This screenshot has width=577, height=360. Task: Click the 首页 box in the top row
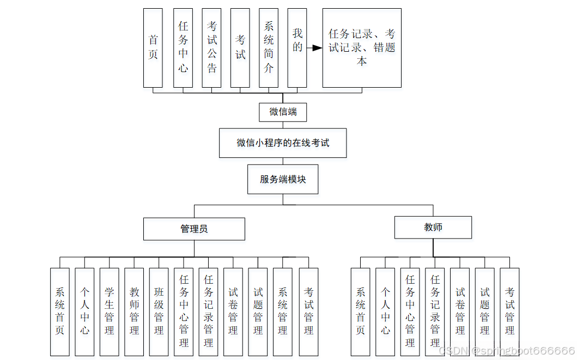pos(153,47)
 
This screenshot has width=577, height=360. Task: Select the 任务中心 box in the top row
pos(183,47)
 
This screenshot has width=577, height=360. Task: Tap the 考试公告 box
pos(211,47)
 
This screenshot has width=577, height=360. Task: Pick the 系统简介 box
pos(269,47)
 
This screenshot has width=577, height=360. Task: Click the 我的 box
pos(297,47)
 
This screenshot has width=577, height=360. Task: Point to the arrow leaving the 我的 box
pos(314,48)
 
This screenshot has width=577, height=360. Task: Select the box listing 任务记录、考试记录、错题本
pos(362,47)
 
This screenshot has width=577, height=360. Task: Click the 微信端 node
pos(283,112)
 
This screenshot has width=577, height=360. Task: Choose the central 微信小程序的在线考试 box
pos(283,143)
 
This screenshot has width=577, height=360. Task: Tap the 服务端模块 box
pos(283,179)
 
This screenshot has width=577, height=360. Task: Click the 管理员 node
pos(194,229)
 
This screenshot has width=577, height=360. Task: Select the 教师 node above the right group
pos(433,227)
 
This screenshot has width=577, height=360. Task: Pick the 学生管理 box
pos(110,312)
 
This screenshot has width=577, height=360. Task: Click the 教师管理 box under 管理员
pos(134,312)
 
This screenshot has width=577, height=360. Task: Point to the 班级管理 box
pos(159,312)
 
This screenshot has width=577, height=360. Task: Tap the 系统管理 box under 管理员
pos(282,312)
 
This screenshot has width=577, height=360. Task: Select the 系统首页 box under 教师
pos(360,312)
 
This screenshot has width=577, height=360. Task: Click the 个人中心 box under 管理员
pos(84,312)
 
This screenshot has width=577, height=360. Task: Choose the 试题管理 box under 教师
pos(484,312)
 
